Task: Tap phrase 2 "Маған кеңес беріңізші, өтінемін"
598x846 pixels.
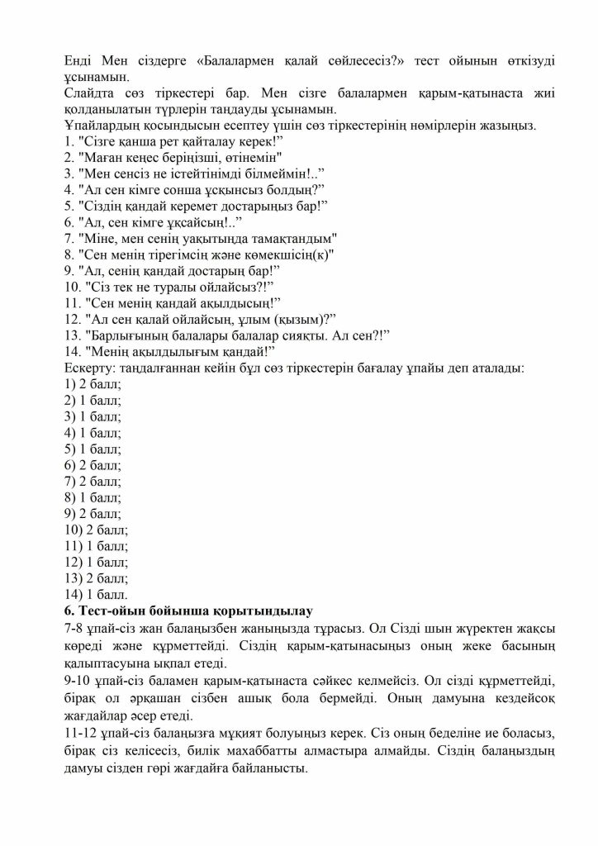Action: [173, 157]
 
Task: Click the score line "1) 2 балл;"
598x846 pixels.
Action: [93, 383]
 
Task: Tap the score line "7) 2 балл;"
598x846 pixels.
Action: [93, 481]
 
